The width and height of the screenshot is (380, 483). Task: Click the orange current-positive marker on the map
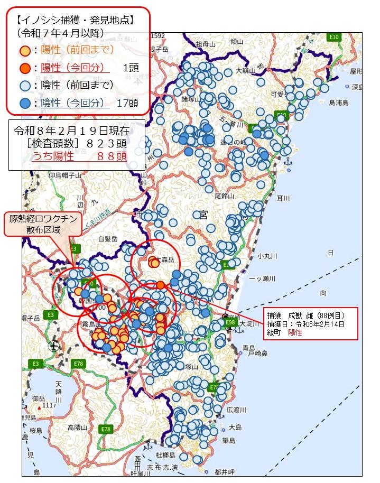pyautogui.click(x=160, y=285)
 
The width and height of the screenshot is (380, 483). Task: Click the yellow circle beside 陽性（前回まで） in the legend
pyautogui.click(x=24, y=51)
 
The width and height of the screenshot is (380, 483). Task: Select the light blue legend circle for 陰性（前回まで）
pyautogui.click(x=24, y=86)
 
